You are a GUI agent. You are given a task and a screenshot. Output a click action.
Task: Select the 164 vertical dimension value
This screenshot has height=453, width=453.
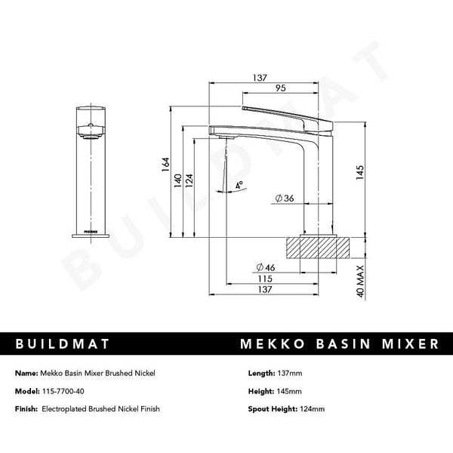point(167,165)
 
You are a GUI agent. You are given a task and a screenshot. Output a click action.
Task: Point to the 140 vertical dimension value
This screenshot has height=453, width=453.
point(178,181)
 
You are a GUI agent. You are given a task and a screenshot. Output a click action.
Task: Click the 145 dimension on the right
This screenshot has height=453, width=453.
point(361,172)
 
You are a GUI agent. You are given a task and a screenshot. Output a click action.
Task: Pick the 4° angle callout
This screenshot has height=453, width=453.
point(239,184)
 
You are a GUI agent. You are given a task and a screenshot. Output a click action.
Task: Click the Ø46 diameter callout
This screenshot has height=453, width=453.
point(266,268)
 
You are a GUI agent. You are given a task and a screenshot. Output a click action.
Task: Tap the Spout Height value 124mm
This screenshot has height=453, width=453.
point(311,408)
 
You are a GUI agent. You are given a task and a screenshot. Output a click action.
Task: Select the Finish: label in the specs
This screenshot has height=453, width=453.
point(29,408)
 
